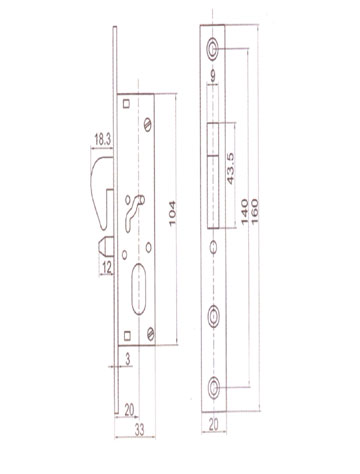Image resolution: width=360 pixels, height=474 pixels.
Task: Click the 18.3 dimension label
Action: coord(102,140)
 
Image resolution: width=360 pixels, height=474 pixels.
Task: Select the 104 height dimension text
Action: coord(172,214)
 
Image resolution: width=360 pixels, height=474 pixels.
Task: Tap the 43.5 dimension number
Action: coord(230,169)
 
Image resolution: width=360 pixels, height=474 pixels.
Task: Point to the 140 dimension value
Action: coord(244,212)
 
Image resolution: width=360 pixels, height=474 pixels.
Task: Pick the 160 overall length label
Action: coord(254,212)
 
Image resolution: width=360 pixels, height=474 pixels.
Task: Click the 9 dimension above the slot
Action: coord(213,76)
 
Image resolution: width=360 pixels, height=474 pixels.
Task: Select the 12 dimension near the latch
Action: coord(107,268)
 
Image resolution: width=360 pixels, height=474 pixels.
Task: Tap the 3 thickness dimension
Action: coord(128,359)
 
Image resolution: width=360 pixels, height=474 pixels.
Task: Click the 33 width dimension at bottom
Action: coord(139,430)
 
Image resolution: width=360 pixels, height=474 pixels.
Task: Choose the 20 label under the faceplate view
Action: coord(214,424)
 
